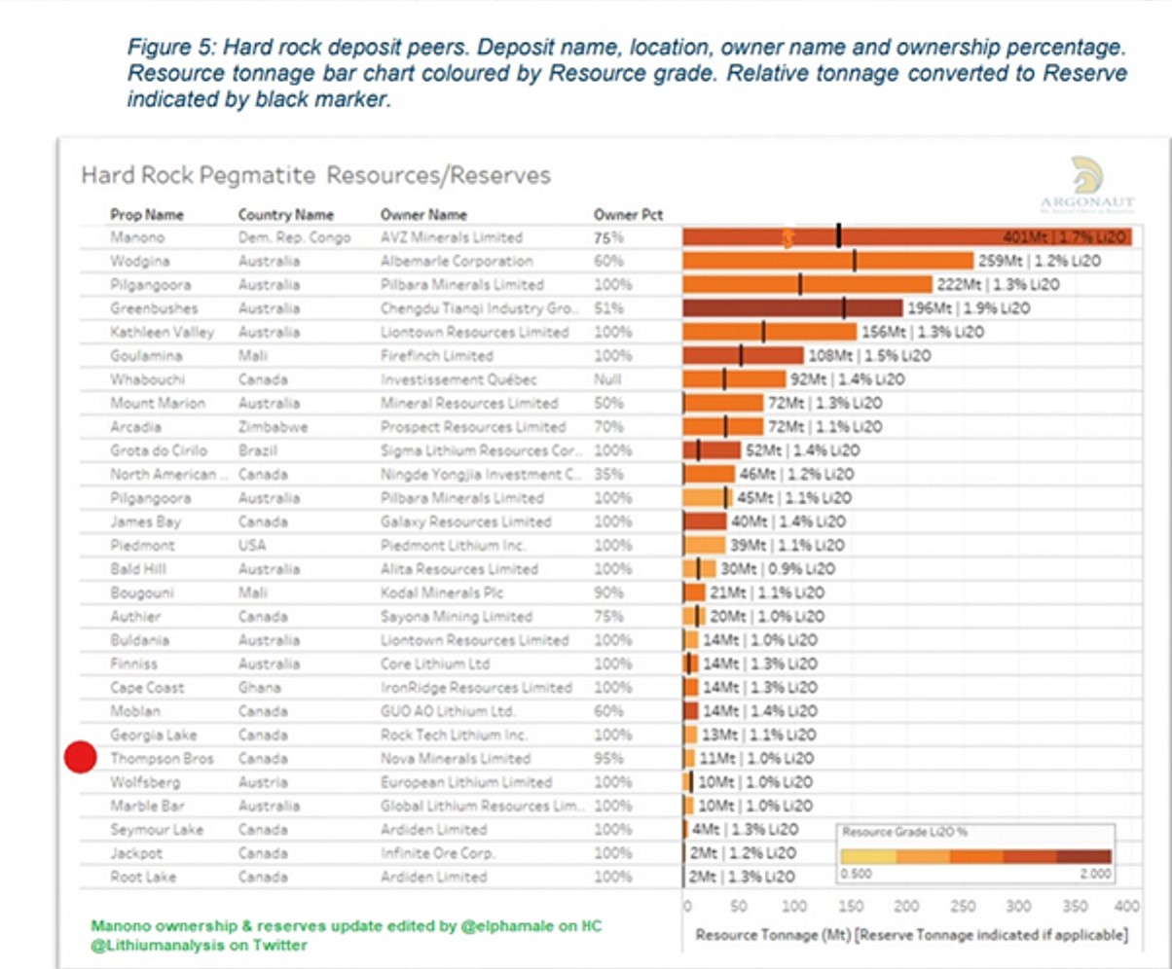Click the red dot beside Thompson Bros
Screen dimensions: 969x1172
point(81,758)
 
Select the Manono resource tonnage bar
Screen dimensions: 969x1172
point(905,237)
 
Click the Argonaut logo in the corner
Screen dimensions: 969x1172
point(1086,182)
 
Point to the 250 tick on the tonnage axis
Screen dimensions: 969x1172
point(963,907)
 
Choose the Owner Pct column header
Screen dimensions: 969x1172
point(628,215)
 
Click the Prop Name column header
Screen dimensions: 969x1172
point(147,215)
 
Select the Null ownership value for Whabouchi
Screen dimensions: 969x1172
point(607,379)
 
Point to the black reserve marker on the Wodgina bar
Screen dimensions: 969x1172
point(855,261)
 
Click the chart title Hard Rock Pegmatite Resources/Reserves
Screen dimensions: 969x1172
point(315,175)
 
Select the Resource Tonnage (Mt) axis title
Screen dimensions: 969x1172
point(911,936)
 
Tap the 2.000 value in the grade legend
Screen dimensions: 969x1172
point(1094,875)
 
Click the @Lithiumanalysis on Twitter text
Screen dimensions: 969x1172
point(200,946)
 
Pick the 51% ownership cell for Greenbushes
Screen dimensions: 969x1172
point(607,308)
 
